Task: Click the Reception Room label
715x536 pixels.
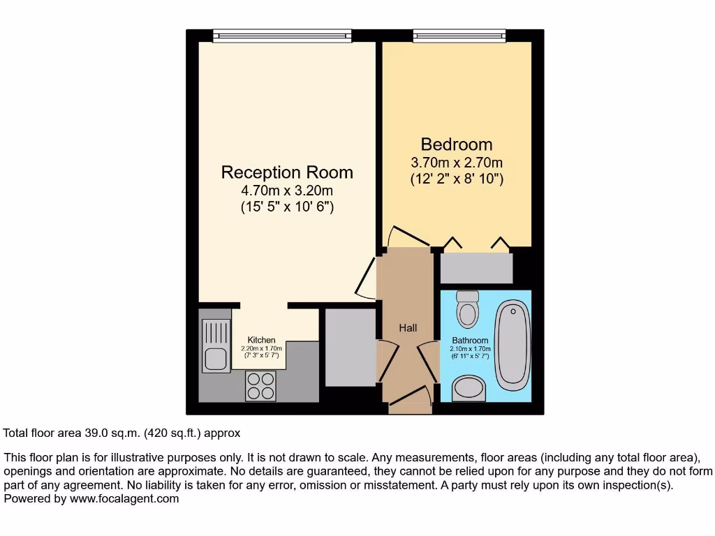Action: tap(287, 172)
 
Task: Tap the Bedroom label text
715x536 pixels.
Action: tap(456, 144)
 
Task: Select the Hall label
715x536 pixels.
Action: tap(408, 327)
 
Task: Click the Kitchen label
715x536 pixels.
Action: tap(261, 340)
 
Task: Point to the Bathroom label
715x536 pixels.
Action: tap(470, 341)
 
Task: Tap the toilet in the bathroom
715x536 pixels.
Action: tap(466, 308)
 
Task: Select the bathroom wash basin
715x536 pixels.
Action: tap(469, 389)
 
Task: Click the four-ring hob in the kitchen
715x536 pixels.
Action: tap(260, 385)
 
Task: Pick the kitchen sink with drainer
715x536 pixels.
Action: tap(216, 345)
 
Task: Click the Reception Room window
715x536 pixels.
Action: tap(282, 35)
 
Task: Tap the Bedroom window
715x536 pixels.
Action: tap(459, 35)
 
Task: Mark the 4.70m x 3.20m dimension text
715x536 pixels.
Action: tap(287, 190)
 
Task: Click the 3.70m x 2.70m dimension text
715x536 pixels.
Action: tap(456, 163)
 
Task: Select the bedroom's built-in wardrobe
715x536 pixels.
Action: tap(476, 268)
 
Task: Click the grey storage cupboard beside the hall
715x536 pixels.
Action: tap(351, 346)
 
